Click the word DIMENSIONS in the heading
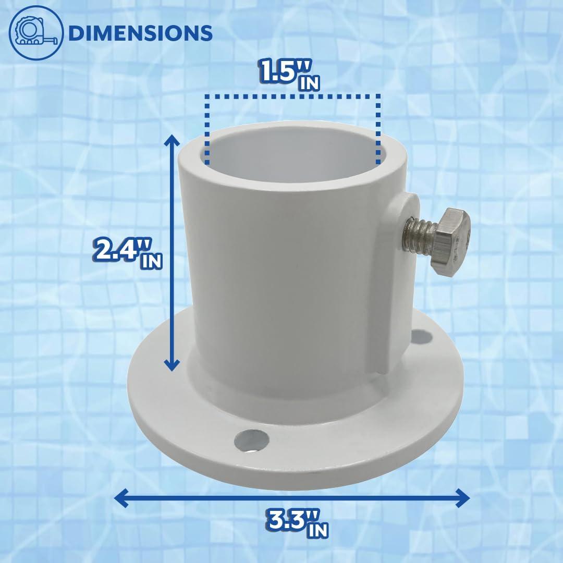click(x=140, y=33)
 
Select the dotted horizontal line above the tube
click(x=292, y=96)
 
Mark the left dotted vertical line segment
click(x=206, y=130)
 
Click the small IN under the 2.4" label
click(x=151, y=261)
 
